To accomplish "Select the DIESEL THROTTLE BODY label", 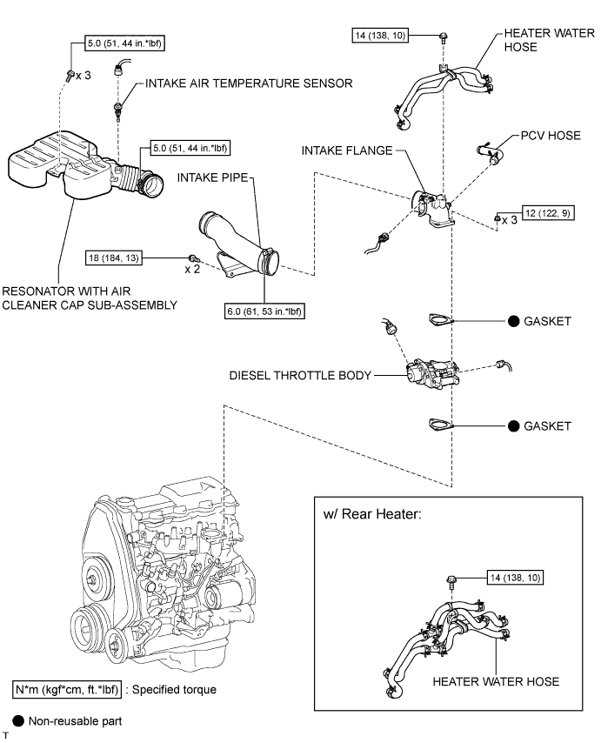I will [x=299, y=376].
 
